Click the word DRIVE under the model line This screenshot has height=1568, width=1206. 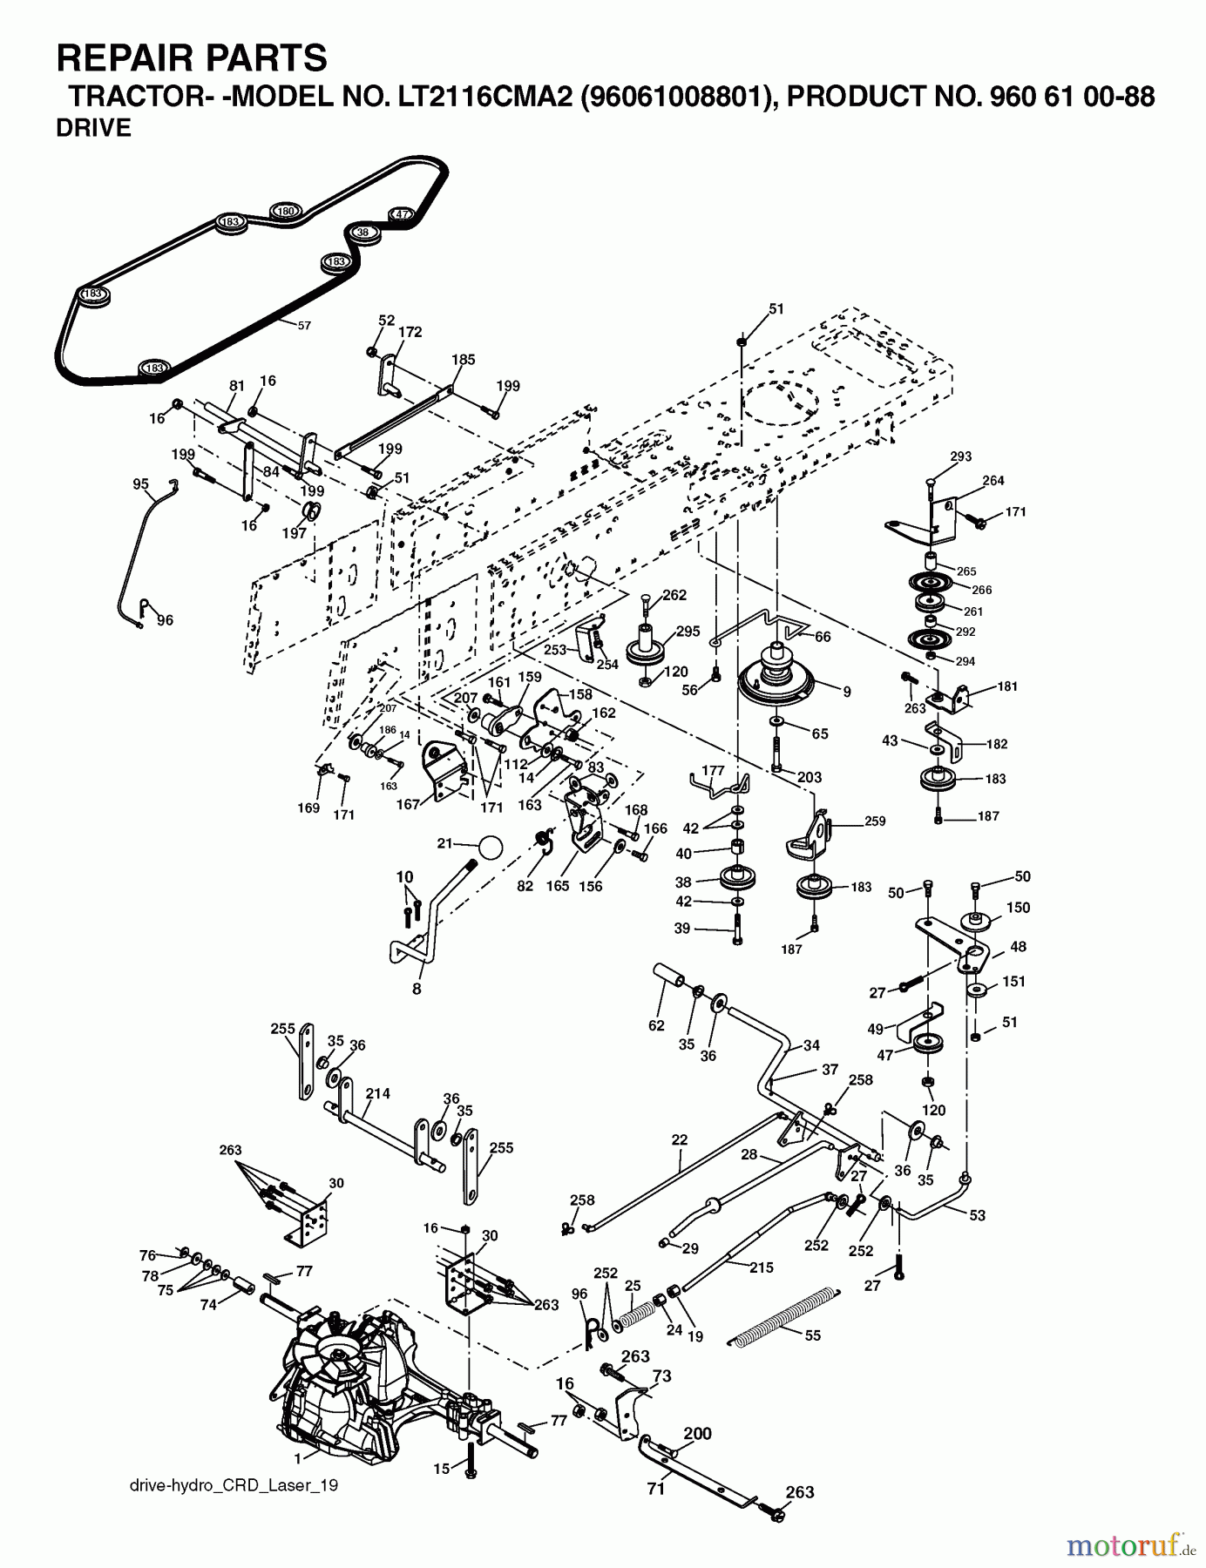[x=93, y=128]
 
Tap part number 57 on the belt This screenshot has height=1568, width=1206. [x=303, y=325]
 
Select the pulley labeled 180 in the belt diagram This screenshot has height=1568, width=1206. [x=285, y=211]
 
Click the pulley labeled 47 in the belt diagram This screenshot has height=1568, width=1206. [x=400, y=214]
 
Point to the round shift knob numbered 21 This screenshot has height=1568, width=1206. [x=491, y=848]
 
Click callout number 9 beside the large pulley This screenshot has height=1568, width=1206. [x=846, y=692]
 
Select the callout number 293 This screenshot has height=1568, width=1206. [x=960, y=456]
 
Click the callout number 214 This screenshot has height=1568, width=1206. [x=378, y=1093]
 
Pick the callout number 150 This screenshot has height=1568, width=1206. [x=1018, y=908]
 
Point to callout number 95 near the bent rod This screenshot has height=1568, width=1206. [x=141, y=484]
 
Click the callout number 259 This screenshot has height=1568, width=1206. [x=874, y=821]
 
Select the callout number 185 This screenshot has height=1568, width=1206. [x=464, y=359]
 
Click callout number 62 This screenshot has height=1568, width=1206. [x=656, y=1025]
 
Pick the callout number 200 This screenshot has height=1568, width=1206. [x=697, y=1433]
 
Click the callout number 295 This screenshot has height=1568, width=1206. [x=688, y=632]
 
